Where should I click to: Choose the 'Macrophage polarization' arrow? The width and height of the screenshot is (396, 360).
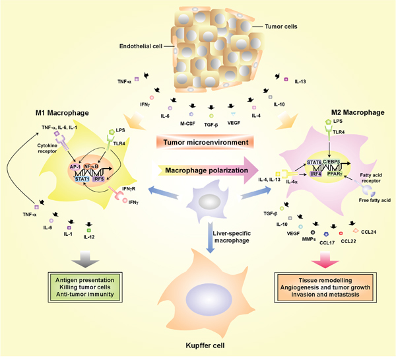(198, 172)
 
